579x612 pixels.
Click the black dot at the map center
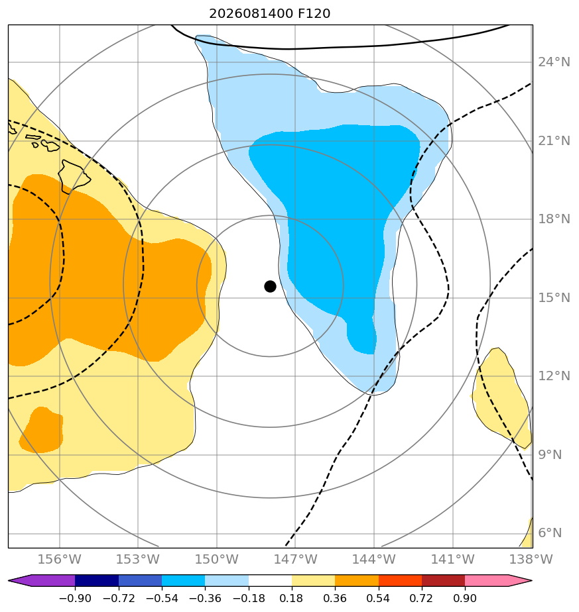pos(270,286)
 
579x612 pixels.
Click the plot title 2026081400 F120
pos(270,14)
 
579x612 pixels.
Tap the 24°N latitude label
pos(554,62)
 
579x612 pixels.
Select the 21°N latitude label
pos(554,141)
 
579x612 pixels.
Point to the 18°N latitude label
pos(554,219)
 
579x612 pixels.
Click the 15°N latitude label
pos(554,298)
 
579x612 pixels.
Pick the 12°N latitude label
pos(554,376)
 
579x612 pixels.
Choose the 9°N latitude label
pos(550,455)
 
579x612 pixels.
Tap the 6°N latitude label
pos(550,533)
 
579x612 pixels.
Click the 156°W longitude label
pos(60,559)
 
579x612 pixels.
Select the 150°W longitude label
pos(217,559)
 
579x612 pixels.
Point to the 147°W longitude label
pos(295,559)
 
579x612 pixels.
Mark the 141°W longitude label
pos(453,559)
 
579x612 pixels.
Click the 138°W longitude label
pos(531,559)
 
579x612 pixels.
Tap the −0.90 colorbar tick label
pos(75,598)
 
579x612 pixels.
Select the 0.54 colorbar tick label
pos(379,598)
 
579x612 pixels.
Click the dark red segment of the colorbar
pos(443,580)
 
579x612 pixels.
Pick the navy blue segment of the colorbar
pos(97,580)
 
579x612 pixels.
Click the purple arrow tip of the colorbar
pos(9,580)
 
